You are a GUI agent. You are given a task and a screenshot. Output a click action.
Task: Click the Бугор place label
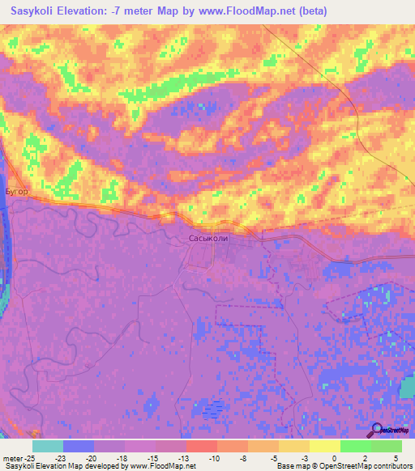coord(17,192)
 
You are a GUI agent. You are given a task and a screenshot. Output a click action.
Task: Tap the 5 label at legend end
coord(395,457)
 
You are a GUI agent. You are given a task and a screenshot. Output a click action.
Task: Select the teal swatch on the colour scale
coord(48,446)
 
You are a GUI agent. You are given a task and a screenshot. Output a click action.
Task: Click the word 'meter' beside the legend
coord(12,457)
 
